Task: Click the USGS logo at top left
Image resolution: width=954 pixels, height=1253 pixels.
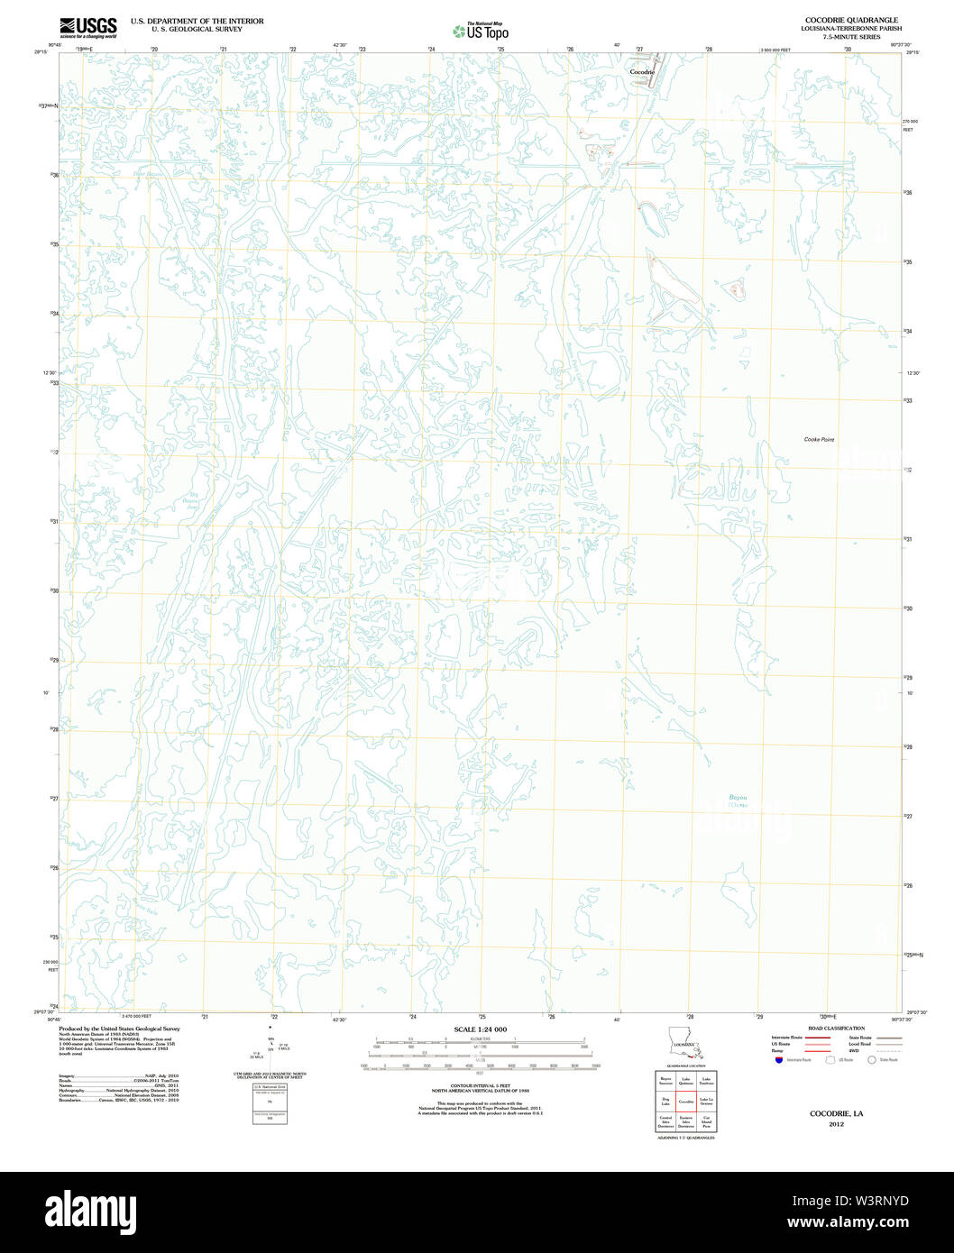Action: click(x=87, y=26)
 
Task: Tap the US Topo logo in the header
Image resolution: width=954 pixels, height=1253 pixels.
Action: click(x=481, y=32)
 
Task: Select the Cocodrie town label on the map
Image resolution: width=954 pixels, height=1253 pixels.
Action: click(x=641, y=71)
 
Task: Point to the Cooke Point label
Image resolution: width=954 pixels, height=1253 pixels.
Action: click(x=819, y=439)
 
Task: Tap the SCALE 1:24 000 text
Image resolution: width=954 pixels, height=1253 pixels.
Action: click(x=480, y=1029)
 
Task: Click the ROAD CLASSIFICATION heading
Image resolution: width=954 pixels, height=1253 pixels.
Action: click(x=836, y=1029)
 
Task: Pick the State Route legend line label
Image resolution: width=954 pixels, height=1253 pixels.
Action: click(x=859, y=1037)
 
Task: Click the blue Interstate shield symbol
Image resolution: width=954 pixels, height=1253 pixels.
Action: click(x=778, y=1060)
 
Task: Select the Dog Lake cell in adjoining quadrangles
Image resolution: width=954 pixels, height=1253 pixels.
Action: click(x=665, y=1102)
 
